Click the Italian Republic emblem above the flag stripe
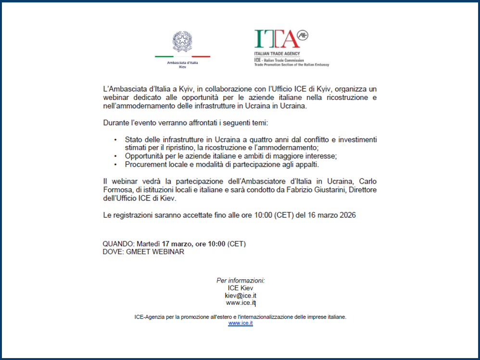[182, 42]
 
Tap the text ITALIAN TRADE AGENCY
[277, 54]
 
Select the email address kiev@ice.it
[240, 296]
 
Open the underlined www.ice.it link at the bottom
[240, 323]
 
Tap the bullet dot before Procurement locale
[115, 165]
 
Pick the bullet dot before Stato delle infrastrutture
[115, 140]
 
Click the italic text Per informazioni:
[240, 280]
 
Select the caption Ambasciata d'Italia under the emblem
[182, 63]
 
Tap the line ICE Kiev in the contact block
[240, 288]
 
